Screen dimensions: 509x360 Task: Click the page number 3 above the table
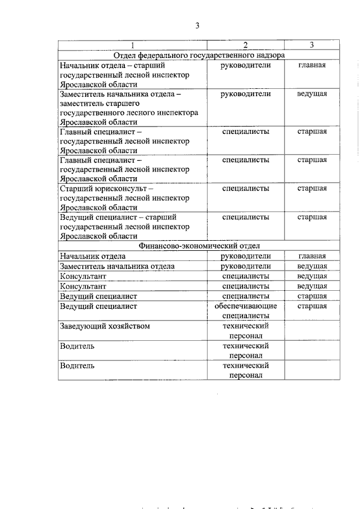(x=197, y=25)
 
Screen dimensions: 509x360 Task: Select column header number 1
(x=132, y=46)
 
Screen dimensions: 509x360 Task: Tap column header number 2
(x=245, y=46)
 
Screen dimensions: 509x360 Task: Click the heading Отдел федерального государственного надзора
(x=199, y=55)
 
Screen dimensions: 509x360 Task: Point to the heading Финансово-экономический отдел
(x=199, y=246)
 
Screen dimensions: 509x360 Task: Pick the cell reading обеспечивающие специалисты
(x=245, y=311)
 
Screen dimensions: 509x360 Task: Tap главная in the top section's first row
(x=312, y=65)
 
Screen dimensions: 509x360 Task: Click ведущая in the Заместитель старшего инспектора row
(x=312, y=94)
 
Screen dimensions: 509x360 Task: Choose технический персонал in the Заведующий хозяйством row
(x=245, y=331)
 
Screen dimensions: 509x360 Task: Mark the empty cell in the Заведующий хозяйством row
(x=312, y=331)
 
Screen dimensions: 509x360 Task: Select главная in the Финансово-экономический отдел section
(x=312, y=256)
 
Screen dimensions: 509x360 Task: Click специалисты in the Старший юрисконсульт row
(x=245, y=188)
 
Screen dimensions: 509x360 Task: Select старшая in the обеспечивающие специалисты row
(x=312, y=307)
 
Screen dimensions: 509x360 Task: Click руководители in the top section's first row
(x=245, y=65)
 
